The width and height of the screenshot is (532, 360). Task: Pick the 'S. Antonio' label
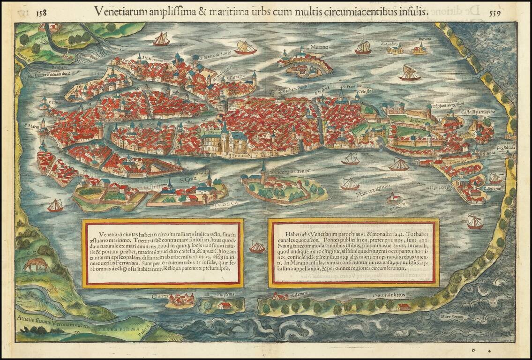[x=490, y=192]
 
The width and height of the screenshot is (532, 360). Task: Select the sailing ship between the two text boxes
[x=257, y=247]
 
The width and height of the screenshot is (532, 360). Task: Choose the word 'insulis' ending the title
[x=415, y=12]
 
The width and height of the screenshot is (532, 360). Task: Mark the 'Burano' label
[x=425, y=39]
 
